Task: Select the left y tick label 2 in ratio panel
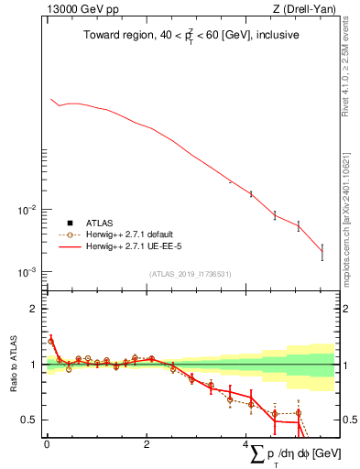[x=35, y=309]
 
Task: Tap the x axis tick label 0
[x=47, y=445]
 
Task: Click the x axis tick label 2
[x=147, y=445]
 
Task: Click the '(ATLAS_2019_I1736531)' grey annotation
[x=190, y=274]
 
